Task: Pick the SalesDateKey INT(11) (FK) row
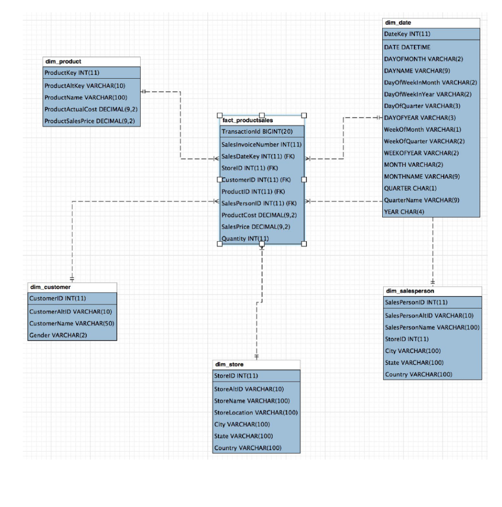coord(258,156)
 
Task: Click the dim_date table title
coord(398,23)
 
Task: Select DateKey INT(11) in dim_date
coord(407,34)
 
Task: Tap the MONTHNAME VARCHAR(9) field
coord(422,176)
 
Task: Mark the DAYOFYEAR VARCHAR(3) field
coord(420,118)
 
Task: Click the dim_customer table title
coord(50,287)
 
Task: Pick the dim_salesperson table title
coord(409,291)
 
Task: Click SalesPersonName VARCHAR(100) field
coord(432,327)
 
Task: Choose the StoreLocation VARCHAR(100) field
coord(255,412)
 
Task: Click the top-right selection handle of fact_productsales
coord(304,115)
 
